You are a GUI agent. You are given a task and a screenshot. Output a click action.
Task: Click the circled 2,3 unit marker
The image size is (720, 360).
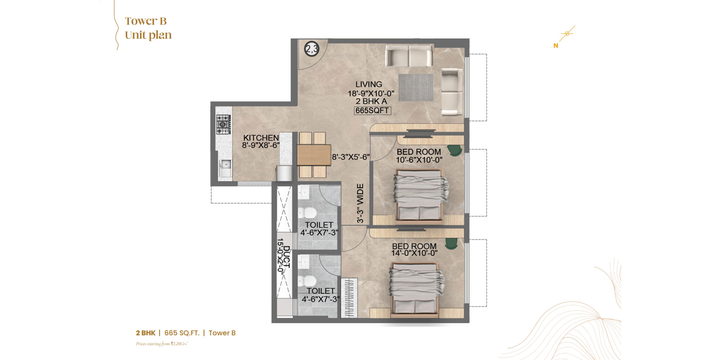point(311,49)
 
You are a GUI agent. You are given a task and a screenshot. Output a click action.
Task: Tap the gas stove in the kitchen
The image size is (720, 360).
point(223,124)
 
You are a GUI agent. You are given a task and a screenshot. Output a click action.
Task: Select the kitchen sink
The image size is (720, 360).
point(225,169)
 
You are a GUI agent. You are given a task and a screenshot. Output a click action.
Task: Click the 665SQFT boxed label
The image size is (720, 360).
point(372,110)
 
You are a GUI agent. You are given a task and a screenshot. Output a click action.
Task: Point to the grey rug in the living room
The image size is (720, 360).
point(416,87)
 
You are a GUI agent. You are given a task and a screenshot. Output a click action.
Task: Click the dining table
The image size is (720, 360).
point(314,155)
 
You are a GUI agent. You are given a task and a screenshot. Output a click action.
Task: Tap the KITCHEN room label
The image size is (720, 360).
point(261,138)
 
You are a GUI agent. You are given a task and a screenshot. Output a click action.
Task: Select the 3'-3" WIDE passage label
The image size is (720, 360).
point(360,203)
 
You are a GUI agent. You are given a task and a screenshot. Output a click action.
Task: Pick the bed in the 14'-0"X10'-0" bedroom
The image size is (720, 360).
point(416,290)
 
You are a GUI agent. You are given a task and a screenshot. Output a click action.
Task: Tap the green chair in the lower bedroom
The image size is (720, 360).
point(451,244)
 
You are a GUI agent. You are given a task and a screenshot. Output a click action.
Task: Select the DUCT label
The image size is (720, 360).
point(287,257)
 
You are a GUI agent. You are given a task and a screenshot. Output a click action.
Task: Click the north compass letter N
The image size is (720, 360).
point(556,46)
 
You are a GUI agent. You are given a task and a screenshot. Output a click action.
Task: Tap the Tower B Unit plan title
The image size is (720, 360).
point(148,28)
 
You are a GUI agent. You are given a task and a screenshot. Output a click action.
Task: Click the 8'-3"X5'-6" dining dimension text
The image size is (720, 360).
point(351,157)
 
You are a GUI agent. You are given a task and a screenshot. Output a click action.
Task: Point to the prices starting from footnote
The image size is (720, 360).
point(162,344)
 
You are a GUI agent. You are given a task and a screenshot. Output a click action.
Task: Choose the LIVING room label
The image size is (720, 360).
point(369,84)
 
